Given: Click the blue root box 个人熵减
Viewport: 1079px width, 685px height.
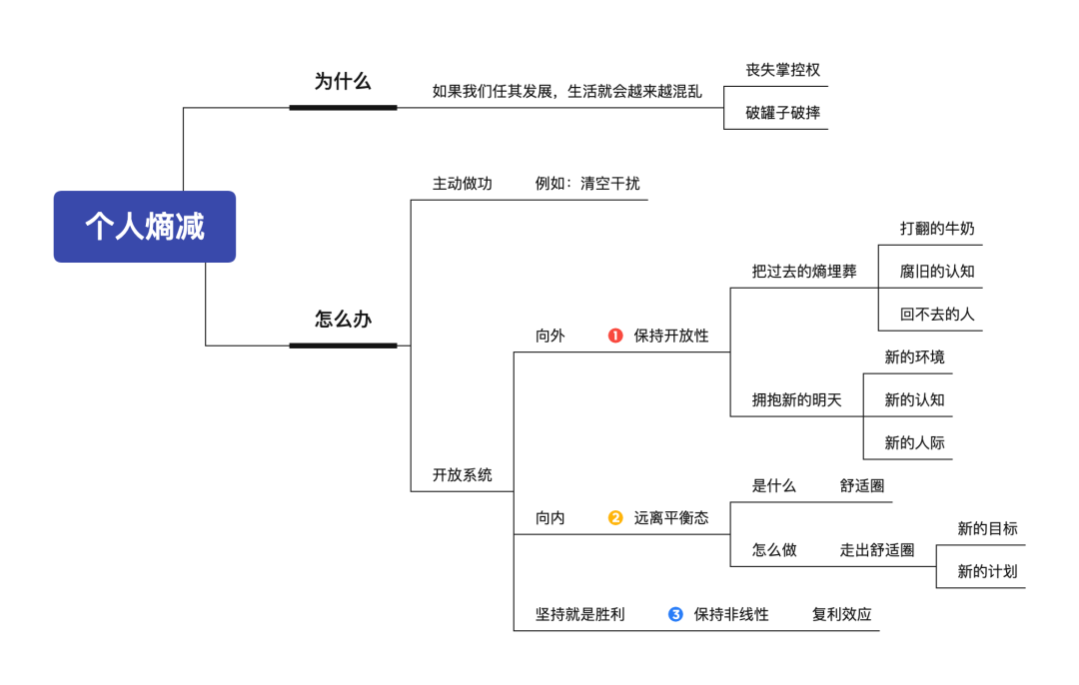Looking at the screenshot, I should tap(145, 227).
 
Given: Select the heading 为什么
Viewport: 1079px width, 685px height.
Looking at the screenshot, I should tap(343, 81).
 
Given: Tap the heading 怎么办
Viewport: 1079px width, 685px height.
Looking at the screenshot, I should tap(343, 320).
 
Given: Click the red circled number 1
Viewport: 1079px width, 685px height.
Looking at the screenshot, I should tap(615, 336).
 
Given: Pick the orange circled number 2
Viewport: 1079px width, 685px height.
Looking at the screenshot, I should tap(615, 517).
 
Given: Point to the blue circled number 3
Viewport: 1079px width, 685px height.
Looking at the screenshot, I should tap(675, 614).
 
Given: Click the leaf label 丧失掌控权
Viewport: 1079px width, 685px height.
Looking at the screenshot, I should tap(782, 70).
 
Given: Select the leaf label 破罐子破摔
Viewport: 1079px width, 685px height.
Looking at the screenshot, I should tap(782, 112).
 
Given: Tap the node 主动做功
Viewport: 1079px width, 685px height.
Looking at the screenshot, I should tap(462, 184).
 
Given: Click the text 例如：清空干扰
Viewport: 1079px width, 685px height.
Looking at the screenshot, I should tap(587, 184).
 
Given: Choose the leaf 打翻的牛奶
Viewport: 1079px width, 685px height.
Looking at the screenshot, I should tap(936, 229).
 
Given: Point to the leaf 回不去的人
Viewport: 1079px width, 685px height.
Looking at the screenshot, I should tap(936, 314).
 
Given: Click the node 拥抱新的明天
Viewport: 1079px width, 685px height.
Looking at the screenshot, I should tap(796, 400).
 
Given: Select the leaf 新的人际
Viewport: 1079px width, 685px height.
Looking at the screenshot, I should tap(914, 442).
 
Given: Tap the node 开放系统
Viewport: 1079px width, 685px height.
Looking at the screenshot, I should tap(462, 475).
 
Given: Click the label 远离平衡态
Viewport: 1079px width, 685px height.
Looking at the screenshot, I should tap(671, 517).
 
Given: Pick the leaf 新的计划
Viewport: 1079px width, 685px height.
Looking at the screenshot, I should tap(987, 571).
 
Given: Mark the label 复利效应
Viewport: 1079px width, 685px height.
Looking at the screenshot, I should tap(841, 614).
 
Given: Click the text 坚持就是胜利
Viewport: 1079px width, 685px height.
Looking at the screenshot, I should tap(579, 614).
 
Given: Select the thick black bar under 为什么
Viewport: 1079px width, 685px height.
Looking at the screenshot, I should tap(343, 107).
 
